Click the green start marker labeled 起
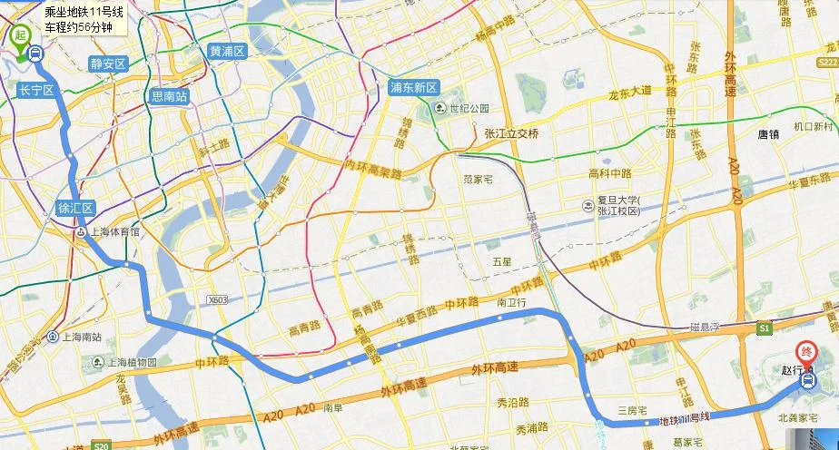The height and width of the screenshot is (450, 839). (x=19, y=35)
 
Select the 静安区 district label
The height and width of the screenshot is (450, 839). (x=108, y=64)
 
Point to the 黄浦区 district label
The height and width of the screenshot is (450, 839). (x=227, y=51)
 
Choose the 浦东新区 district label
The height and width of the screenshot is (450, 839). (x=413, y=88)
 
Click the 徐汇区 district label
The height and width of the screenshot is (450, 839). (x=76, y=208)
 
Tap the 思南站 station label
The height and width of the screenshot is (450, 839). (x=169, y=96)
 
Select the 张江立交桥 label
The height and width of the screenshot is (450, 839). (x=511, y=133)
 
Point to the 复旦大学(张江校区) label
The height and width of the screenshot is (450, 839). (x=618, y=204)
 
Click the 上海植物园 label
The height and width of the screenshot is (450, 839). (x=126, y=362)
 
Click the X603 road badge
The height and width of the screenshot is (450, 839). (x=217, y=299)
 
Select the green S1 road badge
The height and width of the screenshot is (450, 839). (x=765, y=327)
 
